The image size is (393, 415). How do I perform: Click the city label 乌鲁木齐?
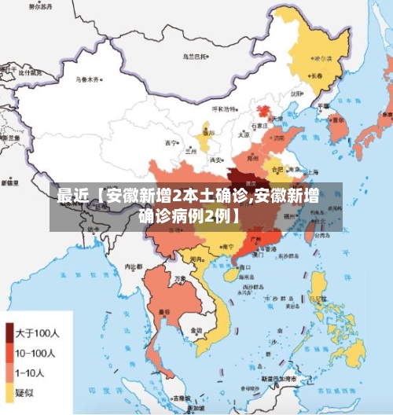coord(86,79)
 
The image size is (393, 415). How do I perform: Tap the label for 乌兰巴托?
coord(195,57)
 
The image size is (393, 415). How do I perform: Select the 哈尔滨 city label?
coord(323,59)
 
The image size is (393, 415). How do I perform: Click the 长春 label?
coord(317,77)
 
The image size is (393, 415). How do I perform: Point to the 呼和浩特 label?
coord(223,109)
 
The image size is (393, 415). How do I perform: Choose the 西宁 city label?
coord(171,143)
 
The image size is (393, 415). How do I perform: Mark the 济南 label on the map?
coord(279,136)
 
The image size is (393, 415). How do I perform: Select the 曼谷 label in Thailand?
coord(164,312)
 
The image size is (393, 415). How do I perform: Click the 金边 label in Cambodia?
coord(195,329)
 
